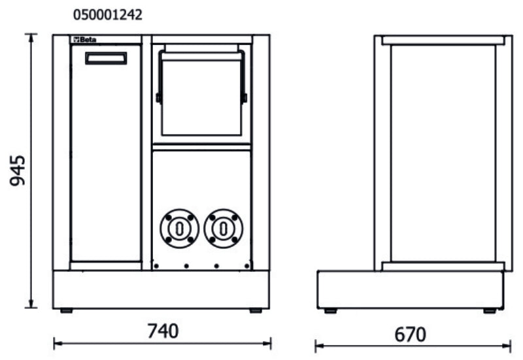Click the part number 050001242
point(107,14)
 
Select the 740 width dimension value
point(161,331)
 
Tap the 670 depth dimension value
point(411,335)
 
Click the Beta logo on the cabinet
point(84,40)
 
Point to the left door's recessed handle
point(106,58)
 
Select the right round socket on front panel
point(223,228)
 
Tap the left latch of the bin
point(159,98)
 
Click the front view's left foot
point(66,310)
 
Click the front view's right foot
point(256,310)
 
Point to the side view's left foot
point(330,310)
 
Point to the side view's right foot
point(489,310)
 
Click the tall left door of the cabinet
point(106,157)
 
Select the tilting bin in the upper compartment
point(201,95)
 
